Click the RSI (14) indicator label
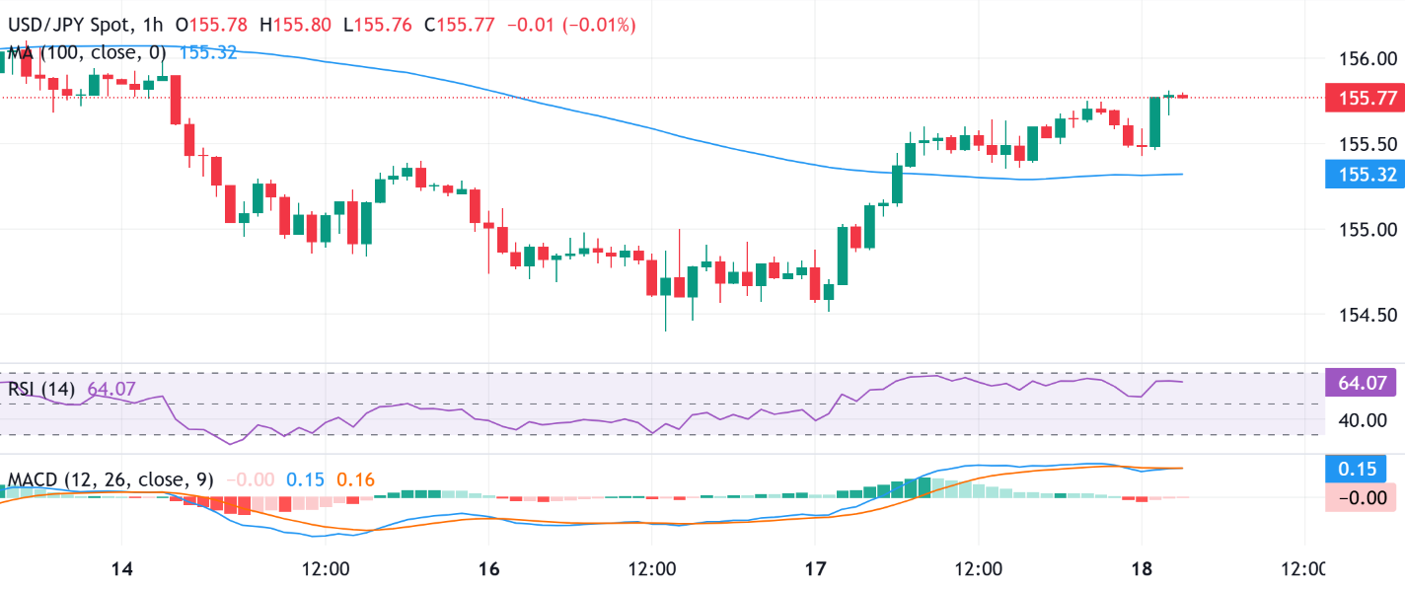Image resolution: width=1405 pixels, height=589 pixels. pyautogui.click(x=40, y=389)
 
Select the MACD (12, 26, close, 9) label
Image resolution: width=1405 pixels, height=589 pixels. pyautogui.click(x=111, y=480)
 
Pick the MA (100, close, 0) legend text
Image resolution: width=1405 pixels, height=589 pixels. pyautogui.click(x=88, y=52)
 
